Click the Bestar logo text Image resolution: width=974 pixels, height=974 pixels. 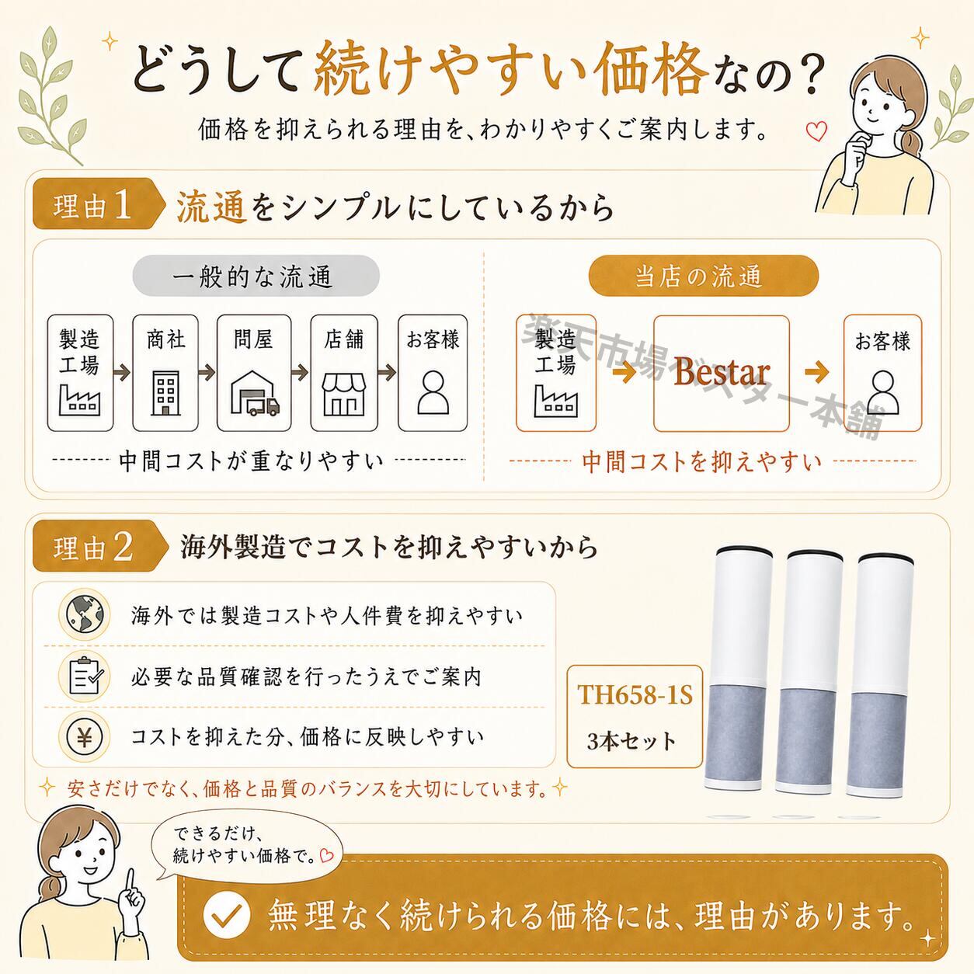pyautogui.click(x=722, y=373)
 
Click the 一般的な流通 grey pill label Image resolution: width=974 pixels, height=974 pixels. pyautogui.click(x=256, y=276)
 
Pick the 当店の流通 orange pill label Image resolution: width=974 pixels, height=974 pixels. pyautogui.click(x=703, y=276)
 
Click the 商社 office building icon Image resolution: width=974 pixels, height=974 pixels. pyautogui.click(x=165, y=393)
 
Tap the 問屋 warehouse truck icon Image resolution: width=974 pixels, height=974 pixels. pyautogui.click(x=255, y=393)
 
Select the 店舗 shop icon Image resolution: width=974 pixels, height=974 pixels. pyautogui.click(x=344, y=395)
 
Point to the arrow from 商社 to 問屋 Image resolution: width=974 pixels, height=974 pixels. pyautogui.click(x=207, y=373)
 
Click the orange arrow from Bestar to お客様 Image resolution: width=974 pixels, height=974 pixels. pyautogui.click(x=816, y=373)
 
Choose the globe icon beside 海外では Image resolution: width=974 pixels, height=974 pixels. pyautogui.click(x=85, y=615)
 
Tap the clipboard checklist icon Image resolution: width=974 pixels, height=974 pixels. pyautogui.click(x=85, y=676)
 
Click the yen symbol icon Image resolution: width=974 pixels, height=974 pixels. pyautogui.click(x=85, y=736)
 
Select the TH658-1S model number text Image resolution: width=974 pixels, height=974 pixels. pyautogui.click(x=635, y=694)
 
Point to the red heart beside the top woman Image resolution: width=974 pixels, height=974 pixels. pyautogui.click(x=816, y=131)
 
